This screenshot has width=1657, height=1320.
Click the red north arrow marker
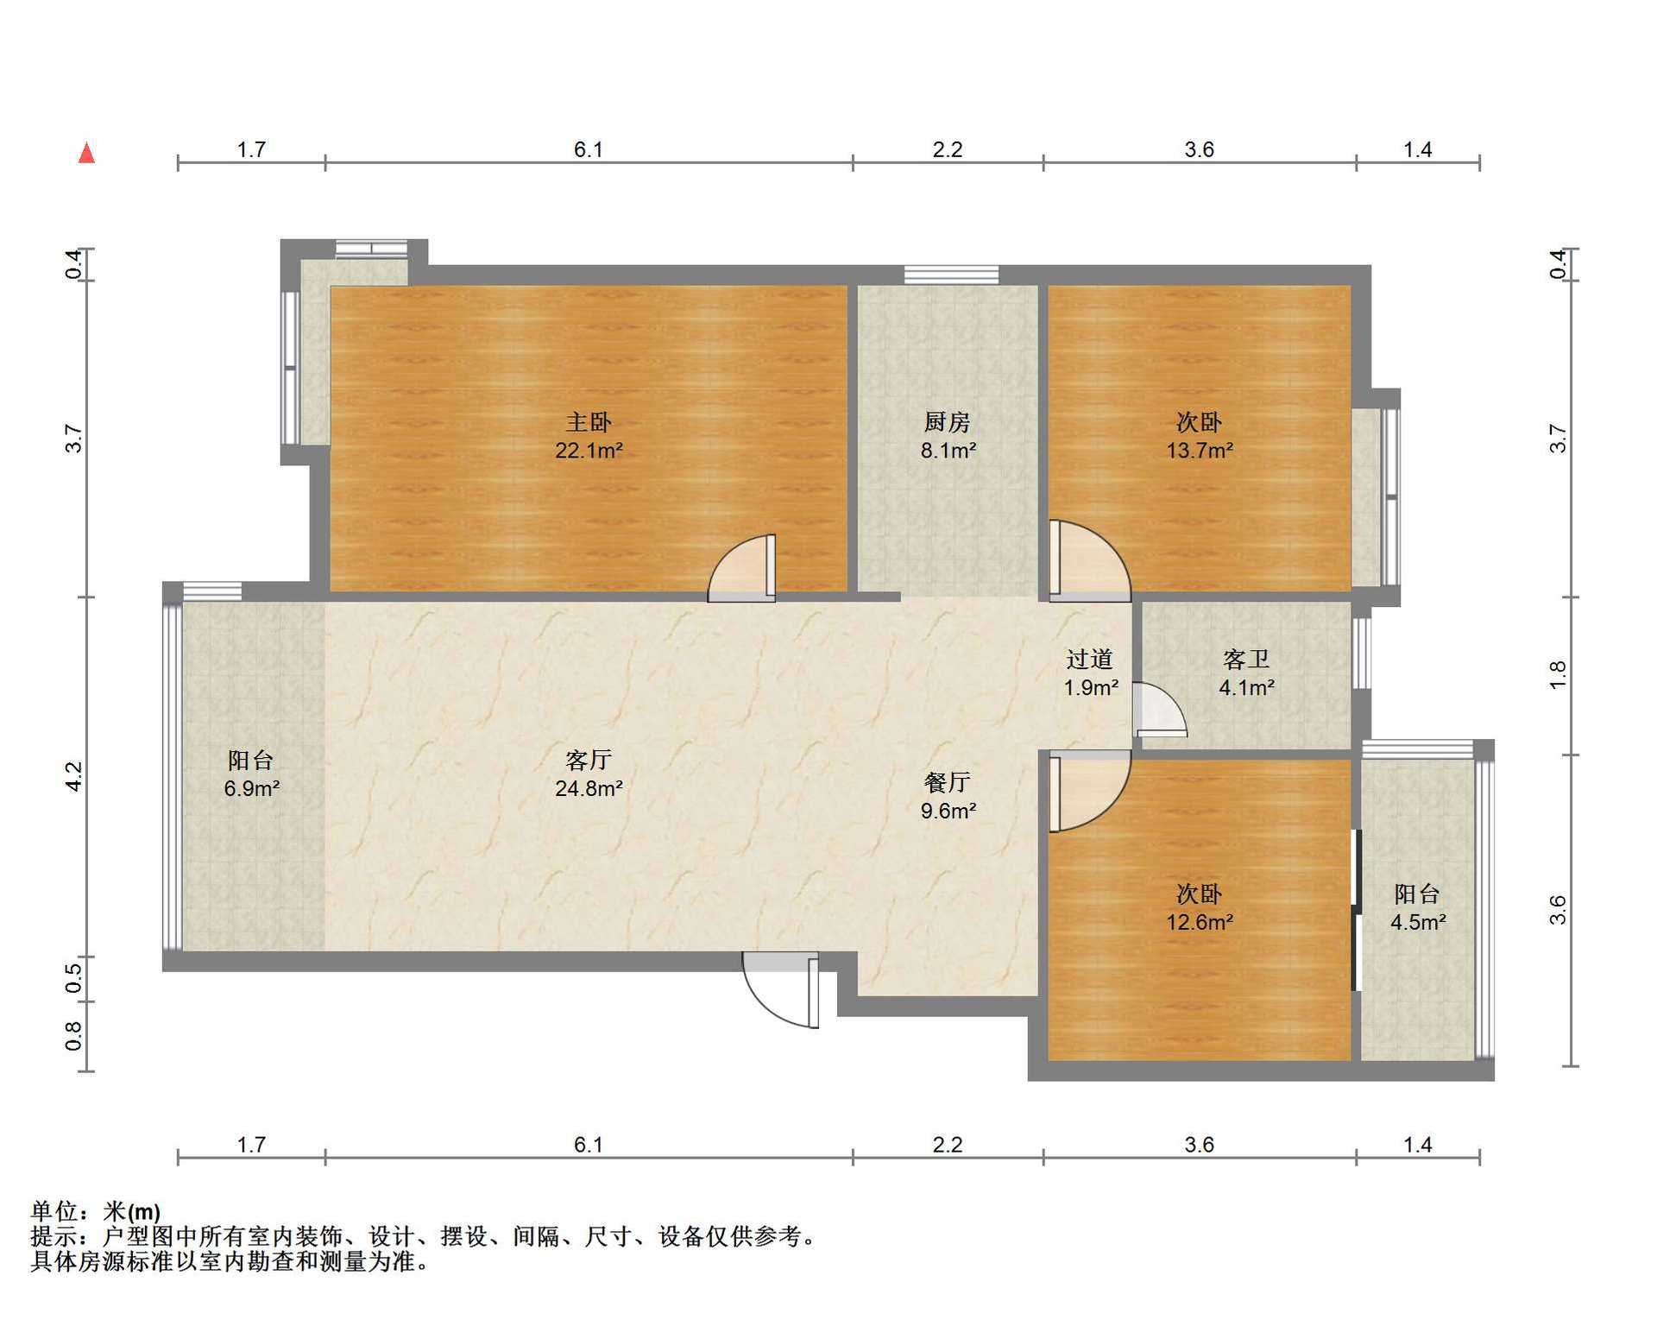coord(86,153)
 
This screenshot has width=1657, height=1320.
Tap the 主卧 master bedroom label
coord(589,422)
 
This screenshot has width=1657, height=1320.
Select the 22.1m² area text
coord(589,451)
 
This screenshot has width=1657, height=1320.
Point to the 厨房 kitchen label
coord(948,422)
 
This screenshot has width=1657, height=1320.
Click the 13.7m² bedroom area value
coord(1200,451)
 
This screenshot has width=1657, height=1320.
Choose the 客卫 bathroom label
coord(1246,660)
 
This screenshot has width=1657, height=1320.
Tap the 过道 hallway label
coord(1090,660)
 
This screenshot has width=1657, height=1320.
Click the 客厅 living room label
coord(589,760)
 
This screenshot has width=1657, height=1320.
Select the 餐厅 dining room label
coord(948,782)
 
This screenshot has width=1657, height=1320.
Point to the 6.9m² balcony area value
coord(251,788)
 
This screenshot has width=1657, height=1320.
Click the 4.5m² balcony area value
coord(1418,922)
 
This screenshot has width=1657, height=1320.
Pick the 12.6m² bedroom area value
coord(1200,922)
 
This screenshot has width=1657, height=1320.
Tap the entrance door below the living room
coord(781,990)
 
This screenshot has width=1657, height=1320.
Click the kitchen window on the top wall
coord(951,275)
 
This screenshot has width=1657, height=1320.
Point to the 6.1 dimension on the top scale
coord(589,149)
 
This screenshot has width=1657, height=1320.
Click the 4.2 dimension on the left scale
coord(74,776)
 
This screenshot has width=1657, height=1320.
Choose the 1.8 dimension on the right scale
coord(1558,674)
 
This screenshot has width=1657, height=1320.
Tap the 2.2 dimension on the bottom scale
coord(948,1145)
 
